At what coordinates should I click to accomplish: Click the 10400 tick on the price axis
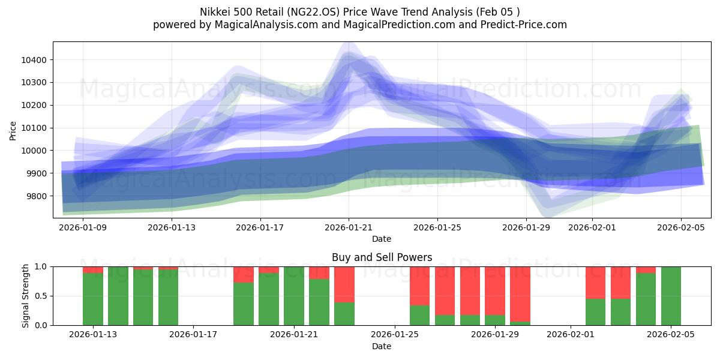coord(37,60)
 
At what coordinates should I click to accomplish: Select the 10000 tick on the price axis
coord(37,151)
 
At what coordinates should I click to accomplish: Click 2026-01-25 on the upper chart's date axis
coord(437,228)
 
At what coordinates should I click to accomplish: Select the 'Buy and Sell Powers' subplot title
coord(382,257)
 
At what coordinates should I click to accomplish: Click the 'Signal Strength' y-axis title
coord(25,296)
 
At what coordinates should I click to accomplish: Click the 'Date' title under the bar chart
coord(382,346)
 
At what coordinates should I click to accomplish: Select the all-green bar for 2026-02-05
coord(671,296)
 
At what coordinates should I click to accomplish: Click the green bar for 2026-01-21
coord(294,296)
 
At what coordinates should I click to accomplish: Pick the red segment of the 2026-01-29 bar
coord(495,291)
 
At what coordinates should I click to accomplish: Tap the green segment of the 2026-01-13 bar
coord(93,299)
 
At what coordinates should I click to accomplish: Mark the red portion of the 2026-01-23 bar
coord(344,284)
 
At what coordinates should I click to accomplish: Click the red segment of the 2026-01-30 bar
coord(520,294)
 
